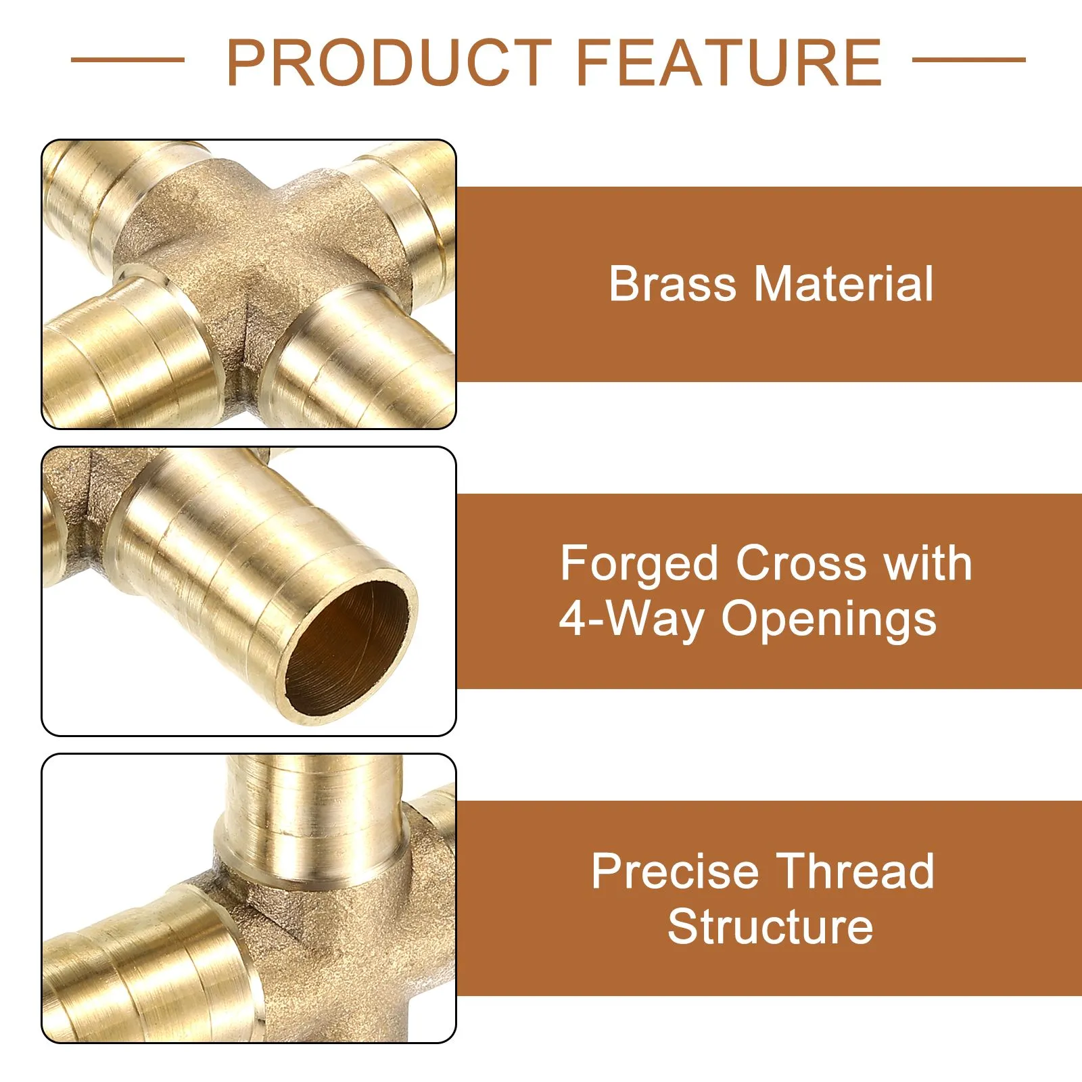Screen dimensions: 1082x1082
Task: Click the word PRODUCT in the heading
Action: (x=390, y=62)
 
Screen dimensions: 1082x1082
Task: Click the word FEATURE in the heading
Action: (x=729, y=62)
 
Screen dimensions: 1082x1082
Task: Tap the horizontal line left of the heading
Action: (x=128, y=60)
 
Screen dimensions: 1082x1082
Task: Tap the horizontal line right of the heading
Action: (x=969, y=60)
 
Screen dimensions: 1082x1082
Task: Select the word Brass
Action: (x=672, y=283)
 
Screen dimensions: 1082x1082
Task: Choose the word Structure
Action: (x=770, y=926)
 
